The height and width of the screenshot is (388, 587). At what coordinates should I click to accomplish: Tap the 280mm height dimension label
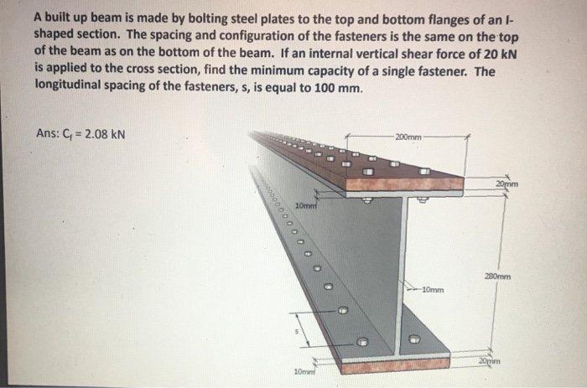497,274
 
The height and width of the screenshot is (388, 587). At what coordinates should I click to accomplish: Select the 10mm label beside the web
433,291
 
